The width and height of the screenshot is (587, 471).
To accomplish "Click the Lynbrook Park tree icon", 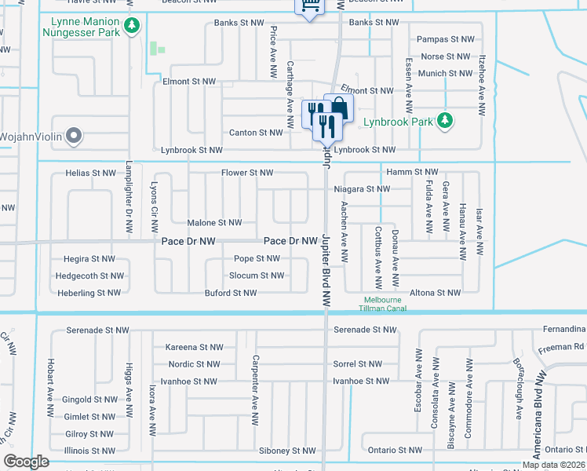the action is point(445,121).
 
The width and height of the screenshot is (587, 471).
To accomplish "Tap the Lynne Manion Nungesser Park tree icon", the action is point(133,27).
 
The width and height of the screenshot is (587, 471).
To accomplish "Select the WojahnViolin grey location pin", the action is point(75,137).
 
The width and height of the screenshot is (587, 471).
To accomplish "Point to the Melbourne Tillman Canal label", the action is point(381,304).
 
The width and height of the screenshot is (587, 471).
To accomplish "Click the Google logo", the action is point(26,462).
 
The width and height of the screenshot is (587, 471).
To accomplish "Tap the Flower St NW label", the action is point(247,173).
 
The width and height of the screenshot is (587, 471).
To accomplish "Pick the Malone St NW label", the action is point(214,223).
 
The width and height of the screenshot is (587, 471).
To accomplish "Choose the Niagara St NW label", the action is point(361,189).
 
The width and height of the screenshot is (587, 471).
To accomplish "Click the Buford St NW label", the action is point(231,293).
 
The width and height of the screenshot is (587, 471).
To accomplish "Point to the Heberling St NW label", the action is point(89,293).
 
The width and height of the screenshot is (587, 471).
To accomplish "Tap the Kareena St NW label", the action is point(195,347).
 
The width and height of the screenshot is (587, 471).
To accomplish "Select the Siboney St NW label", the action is point(289,451).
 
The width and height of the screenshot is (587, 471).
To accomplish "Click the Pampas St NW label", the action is point(447,38).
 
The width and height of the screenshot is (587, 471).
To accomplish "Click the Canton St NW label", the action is point(255,133).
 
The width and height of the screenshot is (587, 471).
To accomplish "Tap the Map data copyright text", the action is point(553,465).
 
